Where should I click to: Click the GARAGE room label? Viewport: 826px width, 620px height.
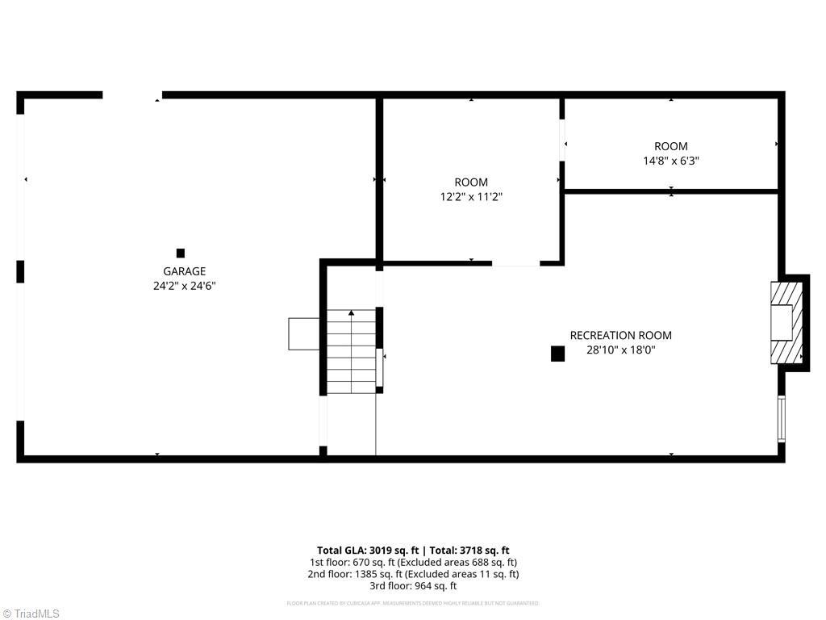tap(185, 271)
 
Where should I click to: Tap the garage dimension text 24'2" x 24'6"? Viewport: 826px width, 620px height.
tap(185, 286)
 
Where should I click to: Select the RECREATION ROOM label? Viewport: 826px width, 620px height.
tap(620, 336)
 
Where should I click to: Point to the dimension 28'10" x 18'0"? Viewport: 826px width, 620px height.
tap(620, 350)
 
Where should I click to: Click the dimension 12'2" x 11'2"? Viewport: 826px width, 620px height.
tap(471, 197)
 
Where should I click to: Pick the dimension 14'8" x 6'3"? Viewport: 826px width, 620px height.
tap(670, 161)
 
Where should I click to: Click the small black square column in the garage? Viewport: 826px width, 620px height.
tap(181, 253)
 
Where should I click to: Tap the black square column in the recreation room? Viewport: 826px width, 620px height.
tap(557, 354)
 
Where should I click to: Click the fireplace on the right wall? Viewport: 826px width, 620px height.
tap(786, 323)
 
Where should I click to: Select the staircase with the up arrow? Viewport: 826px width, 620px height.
tap(351, 351)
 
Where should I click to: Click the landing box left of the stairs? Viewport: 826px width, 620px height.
tap(303, 333)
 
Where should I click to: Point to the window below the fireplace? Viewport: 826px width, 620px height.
tap(781, 417)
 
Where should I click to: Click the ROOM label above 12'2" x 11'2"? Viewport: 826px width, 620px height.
tap(471, 182)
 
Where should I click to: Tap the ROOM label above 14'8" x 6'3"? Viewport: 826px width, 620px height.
tap(670, 146)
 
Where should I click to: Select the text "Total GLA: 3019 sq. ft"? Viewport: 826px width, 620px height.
tap(362, 551)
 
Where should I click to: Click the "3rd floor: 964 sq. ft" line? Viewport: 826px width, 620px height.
tap(412, 586)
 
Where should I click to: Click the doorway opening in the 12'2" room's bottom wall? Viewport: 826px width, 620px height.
tap(515, 263)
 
